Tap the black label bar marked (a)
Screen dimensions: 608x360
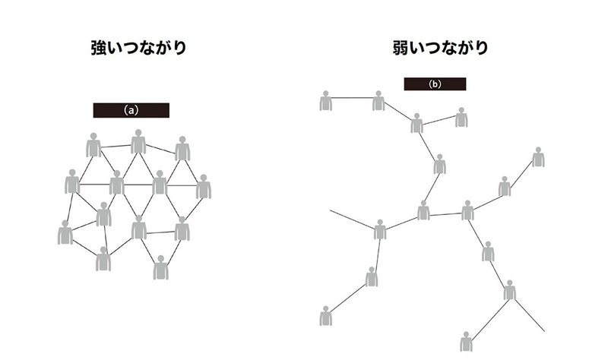[131, 110]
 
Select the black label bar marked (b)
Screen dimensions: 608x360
[435, 84]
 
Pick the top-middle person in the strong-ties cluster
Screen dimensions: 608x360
[138, 142]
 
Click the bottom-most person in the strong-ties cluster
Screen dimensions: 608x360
[160, 267]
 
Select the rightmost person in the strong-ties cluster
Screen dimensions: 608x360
[203, 186]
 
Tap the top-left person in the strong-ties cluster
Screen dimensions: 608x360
[93, 145]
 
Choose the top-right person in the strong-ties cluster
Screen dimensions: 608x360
[182, 149]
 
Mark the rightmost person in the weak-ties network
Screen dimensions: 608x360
[538, 157]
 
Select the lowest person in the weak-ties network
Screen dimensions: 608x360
[467, 341]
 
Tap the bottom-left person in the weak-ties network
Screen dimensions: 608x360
[327, 317]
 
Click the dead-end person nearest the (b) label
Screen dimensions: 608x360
[461, 117]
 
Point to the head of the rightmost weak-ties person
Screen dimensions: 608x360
[538, 150]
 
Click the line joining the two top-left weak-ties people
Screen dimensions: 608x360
[353, 97]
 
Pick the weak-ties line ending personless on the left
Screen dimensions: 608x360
[350, 218]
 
